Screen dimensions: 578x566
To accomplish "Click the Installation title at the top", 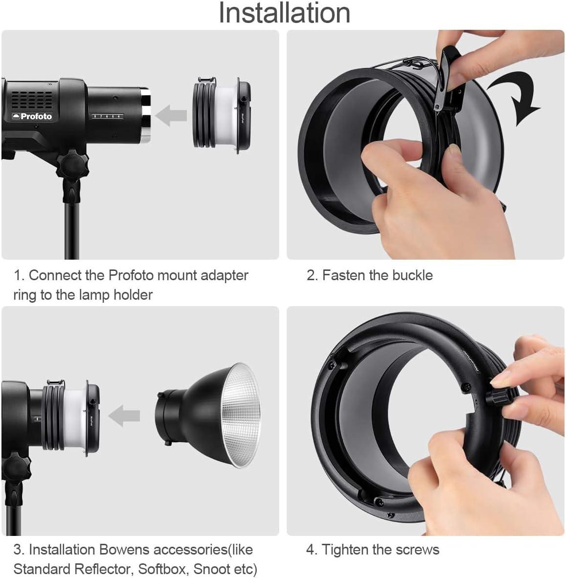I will click(x=284, y=13).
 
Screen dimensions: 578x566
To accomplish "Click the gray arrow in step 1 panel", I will click(x=171, y=116).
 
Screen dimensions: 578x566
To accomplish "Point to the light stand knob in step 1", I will click(x=73, y=167).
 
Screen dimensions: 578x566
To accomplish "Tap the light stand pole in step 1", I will click(x=72, y=230).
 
